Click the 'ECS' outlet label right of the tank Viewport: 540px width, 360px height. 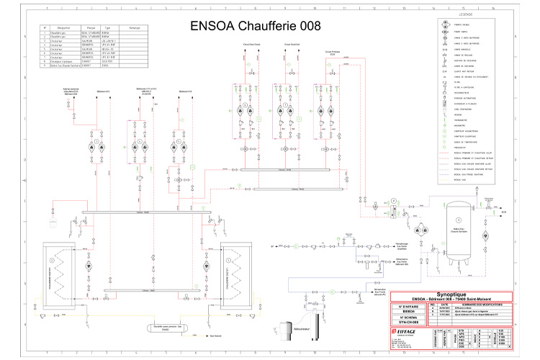(x=503, y=213)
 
